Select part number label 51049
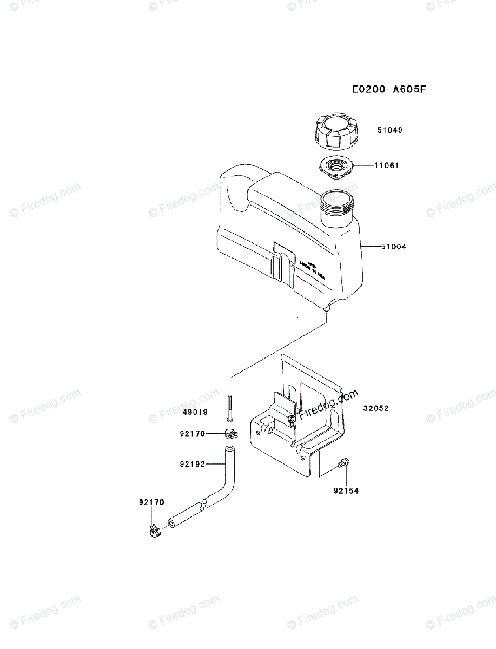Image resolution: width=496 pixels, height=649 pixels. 390,130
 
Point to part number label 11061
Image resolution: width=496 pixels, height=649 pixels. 386,165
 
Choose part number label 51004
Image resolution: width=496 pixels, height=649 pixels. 394,247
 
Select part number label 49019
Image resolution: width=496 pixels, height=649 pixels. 195,412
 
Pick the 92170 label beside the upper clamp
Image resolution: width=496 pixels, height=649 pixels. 192,433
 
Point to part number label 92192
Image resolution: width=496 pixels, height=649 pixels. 192,463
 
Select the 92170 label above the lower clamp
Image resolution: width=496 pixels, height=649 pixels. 151,502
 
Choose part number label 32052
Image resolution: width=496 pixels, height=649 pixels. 376,409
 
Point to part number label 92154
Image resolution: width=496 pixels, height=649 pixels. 346,491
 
